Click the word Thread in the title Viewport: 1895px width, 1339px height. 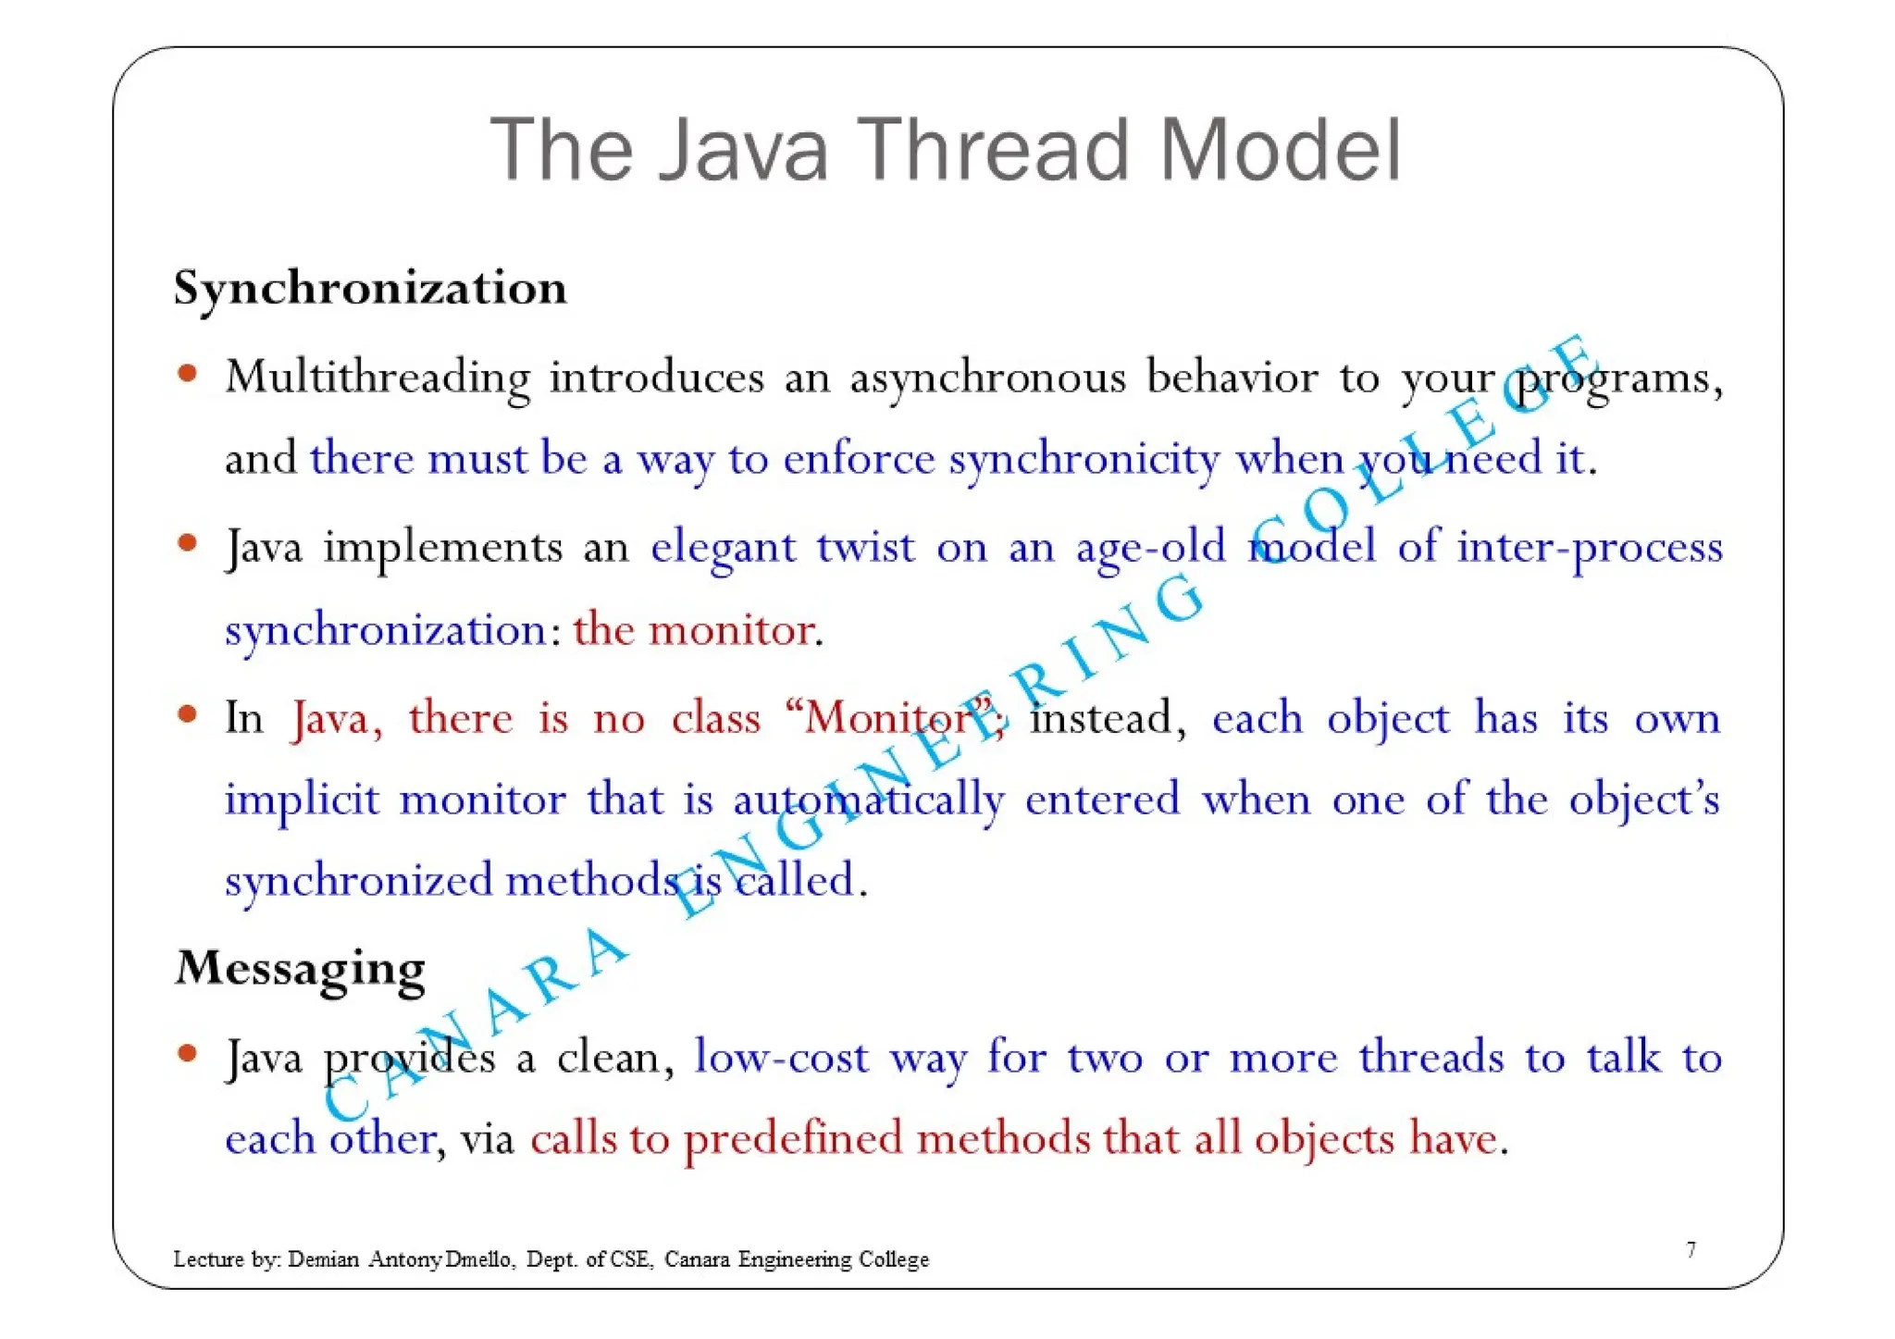point(996,150)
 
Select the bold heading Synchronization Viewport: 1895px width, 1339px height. point(370,288)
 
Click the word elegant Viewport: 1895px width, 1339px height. point(723,548)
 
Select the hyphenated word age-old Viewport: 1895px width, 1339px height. point(1150,548)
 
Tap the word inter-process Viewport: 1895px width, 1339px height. point(1589,548)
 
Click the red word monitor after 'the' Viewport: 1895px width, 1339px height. point(732,630)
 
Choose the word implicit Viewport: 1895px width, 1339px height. point(302,800)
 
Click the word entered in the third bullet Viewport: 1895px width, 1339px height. point(1102,799)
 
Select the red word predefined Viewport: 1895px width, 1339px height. point(793,1139)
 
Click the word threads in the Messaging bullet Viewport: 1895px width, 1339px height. point(1431,1057)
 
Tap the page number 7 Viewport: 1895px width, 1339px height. point(1691,1251)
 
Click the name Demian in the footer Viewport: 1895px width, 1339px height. point(323,1259)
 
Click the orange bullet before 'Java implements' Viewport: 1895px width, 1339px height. point(188,542)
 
